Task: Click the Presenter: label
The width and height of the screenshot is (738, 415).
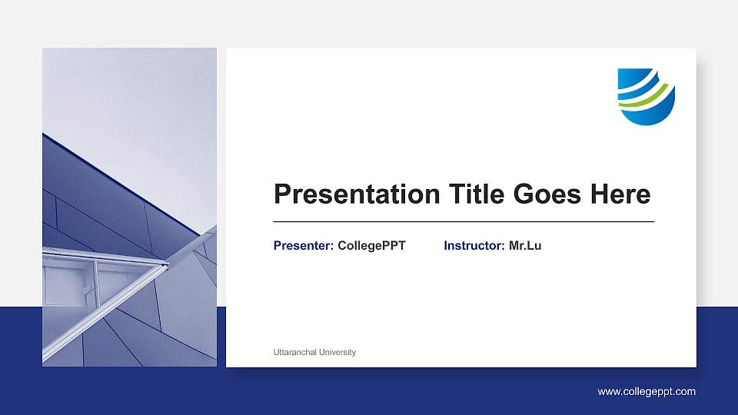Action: [304, 246]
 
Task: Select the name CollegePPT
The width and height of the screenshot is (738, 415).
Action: [371, 246]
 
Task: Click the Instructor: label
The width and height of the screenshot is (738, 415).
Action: [474, 246]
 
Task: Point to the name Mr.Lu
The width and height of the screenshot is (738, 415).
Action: [525, 246]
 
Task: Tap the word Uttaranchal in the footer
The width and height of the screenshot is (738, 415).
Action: [297, 352]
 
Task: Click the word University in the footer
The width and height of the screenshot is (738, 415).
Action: [339, 352]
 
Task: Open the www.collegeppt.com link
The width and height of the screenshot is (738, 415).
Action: [647, 392]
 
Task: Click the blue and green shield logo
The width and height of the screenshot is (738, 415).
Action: [646, 96]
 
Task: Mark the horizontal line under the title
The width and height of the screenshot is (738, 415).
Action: [464, 221]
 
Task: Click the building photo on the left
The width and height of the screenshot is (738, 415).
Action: [129, 207]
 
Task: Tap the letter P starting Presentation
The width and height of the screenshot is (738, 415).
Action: [283, 194]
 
